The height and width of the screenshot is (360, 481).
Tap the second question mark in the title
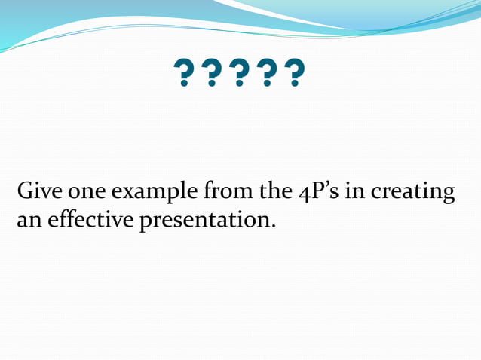tap(212, 75)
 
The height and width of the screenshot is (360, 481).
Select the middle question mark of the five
tap(240, 75)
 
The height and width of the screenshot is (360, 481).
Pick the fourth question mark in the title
tap(268, 75)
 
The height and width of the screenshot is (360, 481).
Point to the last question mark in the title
tap(296, 75)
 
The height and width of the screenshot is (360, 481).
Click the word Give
tap(37, 192)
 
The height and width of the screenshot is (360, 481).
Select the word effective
tap(89, 221)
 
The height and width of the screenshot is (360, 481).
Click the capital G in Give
tap(24, 192)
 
